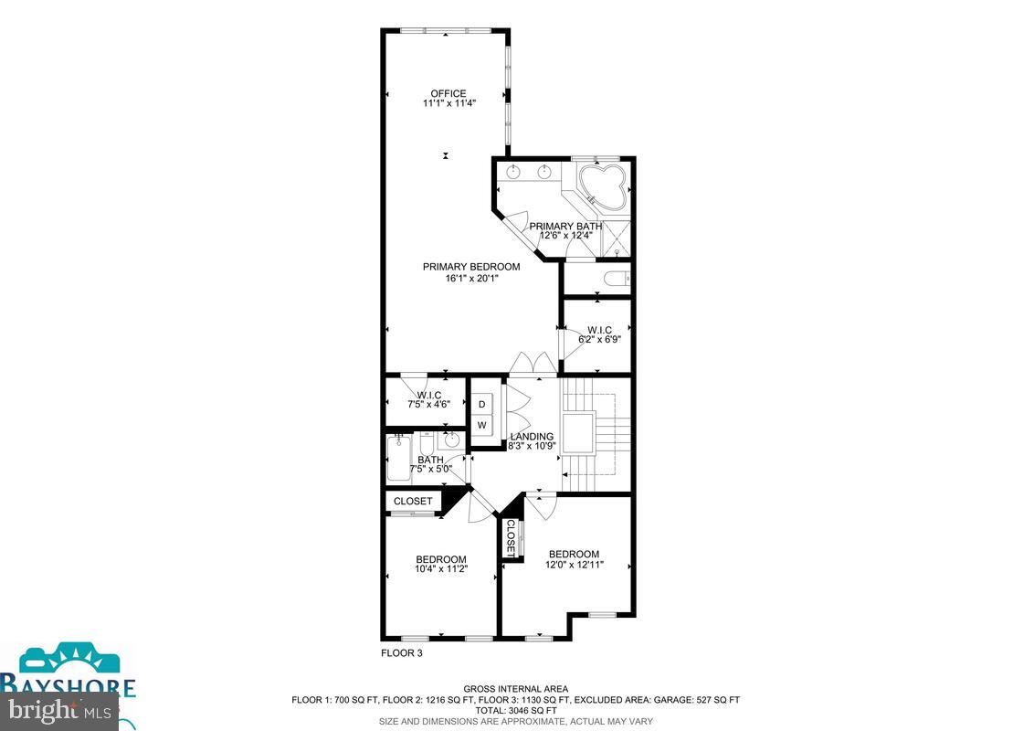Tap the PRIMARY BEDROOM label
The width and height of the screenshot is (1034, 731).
(x=470, y=267)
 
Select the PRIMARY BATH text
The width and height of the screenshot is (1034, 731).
(x=565, y=227)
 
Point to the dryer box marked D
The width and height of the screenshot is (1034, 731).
(x=481, y=403)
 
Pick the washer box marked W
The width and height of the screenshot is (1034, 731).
(x=481, y=426)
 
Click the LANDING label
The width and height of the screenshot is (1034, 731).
(x=531, y=437)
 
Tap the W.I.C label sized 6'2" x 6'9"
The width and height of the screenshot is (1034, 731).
(x=599, y=330)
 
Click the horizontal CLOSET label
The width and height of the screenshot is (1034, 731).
(x=413, y=502)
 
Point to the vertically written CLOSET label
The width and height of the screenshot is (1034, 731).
(x=511, y=536)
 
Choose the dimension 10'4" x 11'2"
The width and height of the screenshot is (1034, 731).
(x=441, y=570)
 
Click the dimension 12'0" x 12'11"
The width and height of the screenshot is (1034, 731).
(x=575, y=565)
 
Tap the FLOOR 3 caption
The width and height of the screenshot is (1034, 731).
(x=401, y=653)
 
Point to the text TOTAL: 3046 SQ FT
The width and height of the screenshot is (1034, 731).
(x=515, y=710)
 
